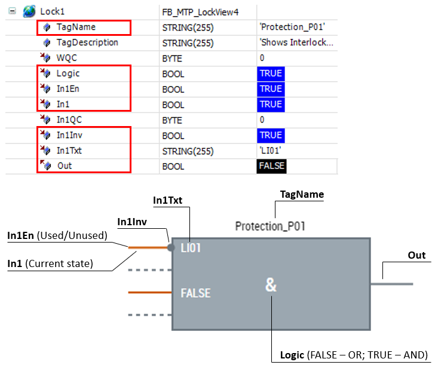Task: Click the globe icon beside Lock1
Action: pyautogui.click(x=27, y=11)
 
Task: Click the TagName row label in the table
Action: pyautogui.click(x=76, y=27)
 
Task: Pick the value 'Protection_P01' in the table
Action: pyautogui.click(x=292, y=27)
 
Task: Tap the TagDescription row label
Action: pyautogui.click(x=87, y=42)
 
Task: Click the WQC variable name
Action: pyautogui.click(x=66, y=58)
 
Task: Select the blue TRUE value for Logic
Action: pyautogui.click(x=270, y=73)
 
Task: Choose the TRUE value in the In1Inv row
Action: pyautogui.click(x=270, y=135)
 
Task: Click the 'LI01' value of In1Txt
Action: pyautogui.click(x=271, y=151)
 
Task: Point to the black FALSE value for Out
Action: pyautogui.click(x=271, y=165)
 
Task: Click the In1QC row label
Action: pyautogui.click(x=70, y=119)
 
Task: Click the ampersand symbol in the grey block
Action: pyautogui.click(x=271, y=286)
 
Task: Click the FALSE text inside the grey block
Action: pyautogui.click(x=195, y=293)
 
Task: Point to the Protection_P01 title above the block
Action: pyautogui.click(x=271, y=226)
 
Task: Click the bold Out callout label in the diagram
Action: pyautogui.click(x=416, y=255)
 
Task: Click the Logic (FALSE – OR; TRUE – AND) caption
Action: pyautogui.click(x=354, y=355)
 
